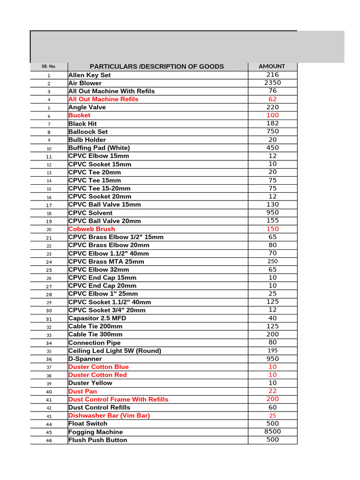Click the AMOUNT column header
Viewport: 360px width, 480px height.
point(272,67)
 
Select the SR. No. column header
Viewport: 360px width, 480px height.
point(49,67)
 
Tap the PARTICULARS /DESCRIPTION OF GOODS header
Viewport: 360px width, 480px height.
point(157,67)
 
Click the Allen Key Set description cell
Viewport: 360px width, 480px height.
point(90,75)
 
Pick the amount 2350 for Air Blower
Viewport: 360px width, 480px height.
point(272,83)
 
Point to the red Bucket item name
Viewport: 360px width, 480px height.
point(79,115)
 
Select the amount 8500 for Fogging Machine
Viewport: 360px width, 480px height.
point(272,432)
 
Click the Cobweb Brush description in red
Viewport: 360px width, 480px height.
point(91,229)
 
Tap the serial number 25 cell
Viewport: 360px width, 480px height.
point(49,270)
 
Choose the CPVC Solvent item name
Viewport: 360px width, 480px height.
point(90,213)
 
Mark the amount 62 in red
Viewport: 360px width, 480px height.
point(272,99)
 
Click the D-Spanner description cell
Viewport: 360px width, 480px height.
point(85,359)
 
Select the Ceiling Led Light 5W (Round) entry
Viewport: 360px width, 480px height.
point(115,351)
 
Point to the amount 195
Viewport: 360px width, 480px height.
point(272,351)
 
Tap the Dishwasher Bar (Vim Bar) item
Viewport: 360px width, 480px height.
point(109,416)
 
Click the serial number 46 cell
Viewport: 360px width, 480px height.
point(49,441)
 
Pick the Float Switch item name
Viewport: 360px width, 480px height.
point(88,424)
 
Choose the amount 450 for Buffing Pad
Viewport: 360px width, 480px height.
point(272,148)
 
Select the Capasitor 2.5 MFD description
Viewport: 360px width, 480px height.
point(97,318)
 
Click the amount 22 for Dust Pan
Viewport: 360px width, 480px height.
point(272,391)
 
